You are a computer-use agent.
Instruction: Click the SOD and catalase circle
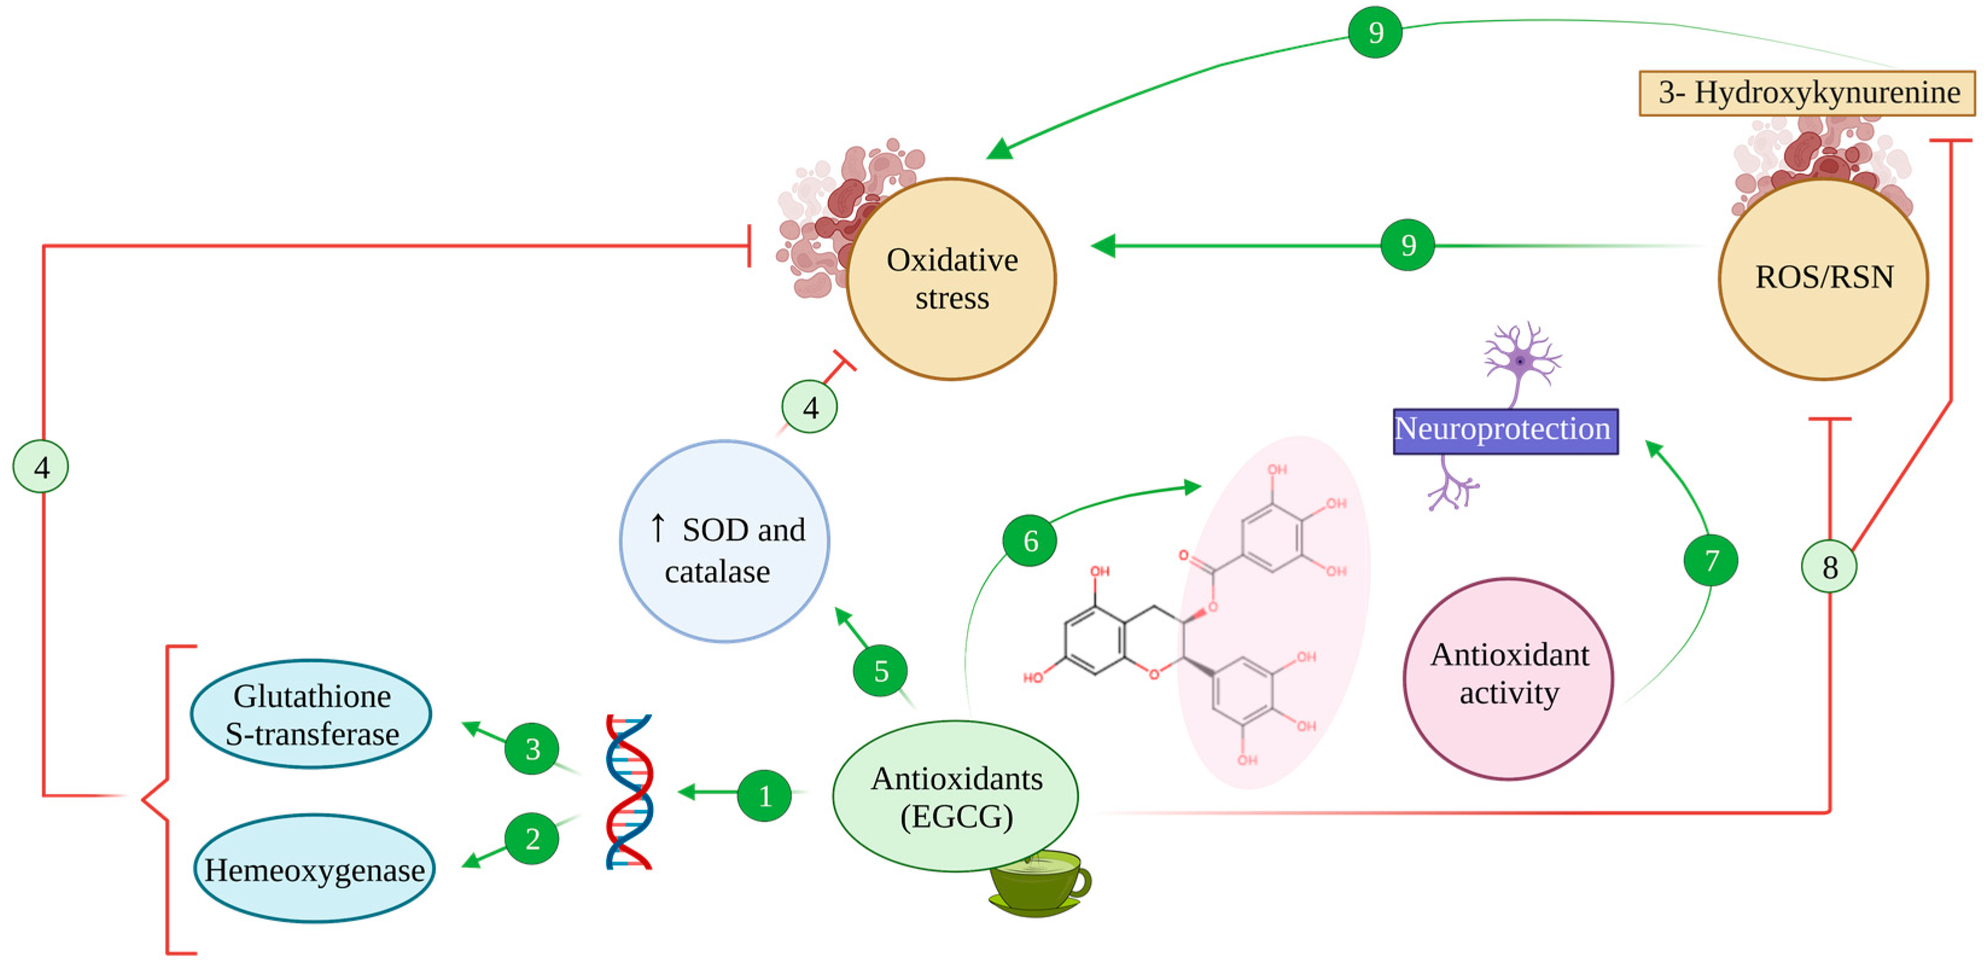[x=724, y=541]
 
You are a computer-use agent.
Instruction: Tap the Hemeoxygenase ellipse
[x=314, y=869]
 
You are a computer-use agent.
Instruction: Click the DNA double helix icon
[x=629, y=792]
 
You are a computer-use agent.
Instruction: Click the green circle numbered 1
[x=764, y=796]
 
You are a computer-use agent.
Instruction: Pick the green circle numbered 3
[x=532, y=748]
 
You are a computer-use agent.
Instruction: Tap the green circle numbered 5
[x=880, y=671]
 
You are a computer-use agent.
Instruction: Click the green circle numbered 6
[x=1030, y=540]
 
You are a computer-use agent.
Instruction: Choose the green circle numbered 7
[x=1710, y=560]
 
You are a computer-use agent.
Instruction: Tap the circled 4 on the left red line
[x=41, y=466]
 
